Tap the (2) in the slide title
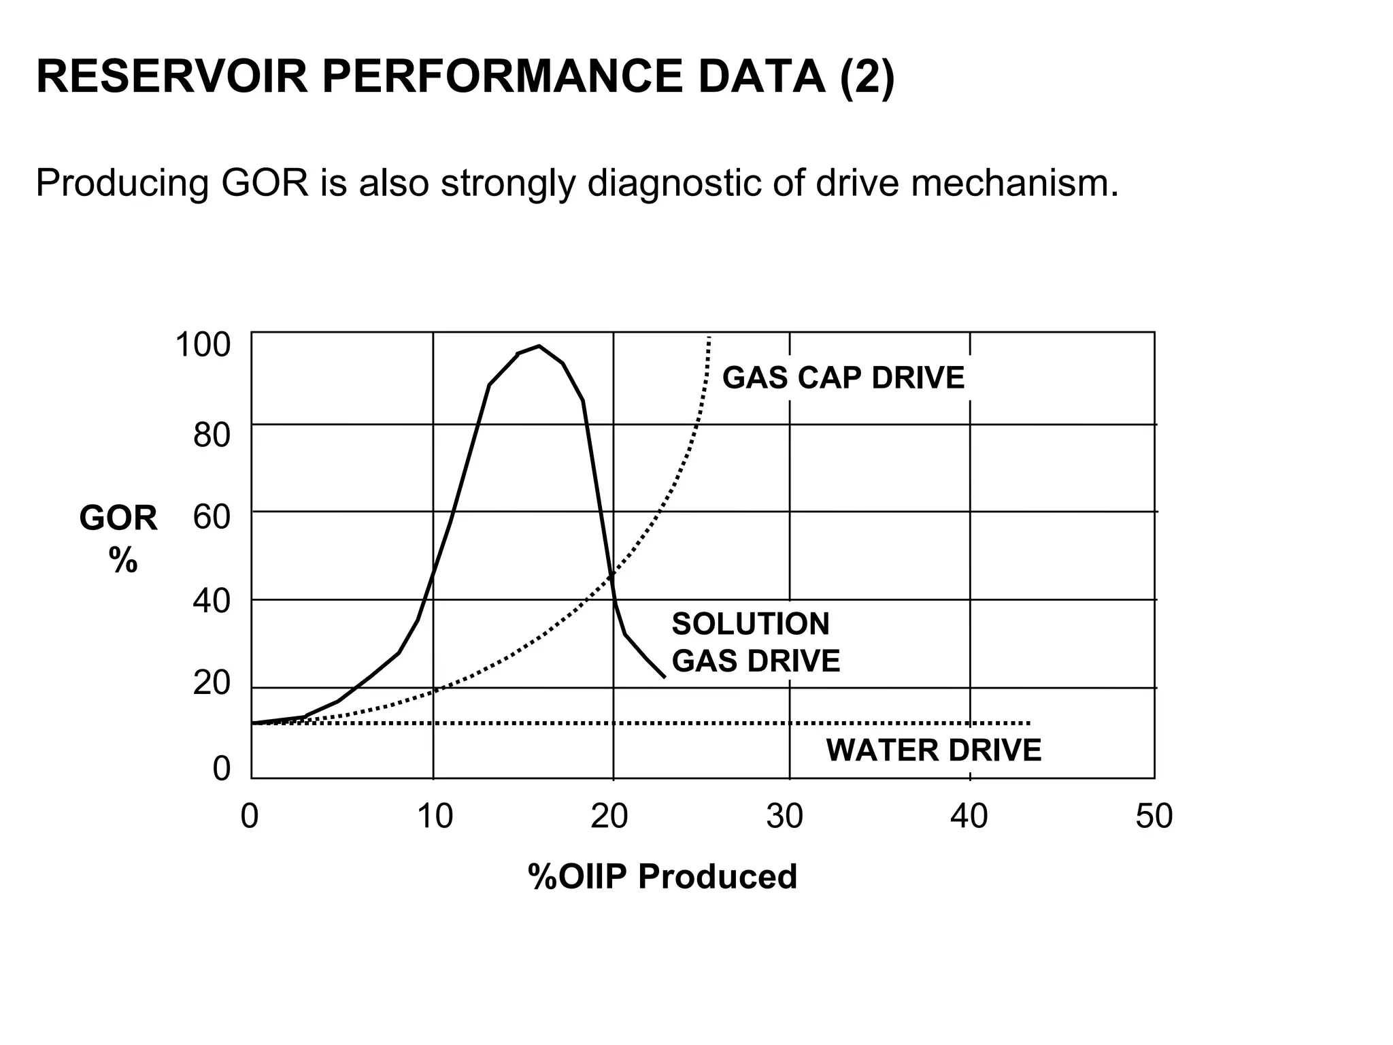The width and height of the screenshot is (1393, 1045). pyautogui.click(x=867, y=77)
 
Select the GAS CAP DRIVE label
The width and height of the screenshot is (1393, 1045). pyautogui.click(x=843, y=378)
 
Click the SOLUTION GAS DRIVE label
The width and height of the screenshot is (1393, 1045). pyautogui.click(x=755, y=642)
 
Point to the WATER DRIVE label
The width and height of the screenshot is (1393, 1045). pyautogui.click(x=933, y=750)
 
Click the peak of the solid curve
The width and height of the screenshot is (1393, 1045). pyautogui.click(x=539, y=346)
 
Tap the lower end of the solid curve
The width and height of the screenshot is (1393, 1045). pyautogui.click(x=664, y=677)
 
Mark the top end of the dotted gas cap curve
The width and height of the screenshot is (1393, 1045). pyautogui.click(x=709, y=338)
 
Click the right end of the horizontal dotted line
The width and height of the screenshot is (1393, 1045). pyautogui.click(x=1029, y=723)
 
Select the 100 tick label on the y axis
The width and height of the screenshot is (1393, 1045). pyautogui.click(x=203, y=345)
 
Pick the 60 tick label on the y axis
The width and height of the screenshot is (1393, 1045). pyautogui.click(x=212, y=518)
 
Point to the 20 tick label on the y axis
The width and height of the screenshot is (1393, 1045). pyautogui.click(x=212, y=683)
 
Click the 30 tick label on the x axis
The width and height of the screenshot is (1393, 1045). pyautogui.click(x=785, y=816)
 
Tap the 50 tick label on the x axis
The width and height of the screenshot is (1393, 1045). pyautogui.click(x=1154, y=816)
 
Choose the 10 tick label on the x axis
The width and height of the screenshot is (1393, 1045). pyautogui.click(x=435, y=816)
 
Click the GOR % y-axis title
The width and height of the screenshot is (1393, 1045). pyautogui.click(x=118, y=538)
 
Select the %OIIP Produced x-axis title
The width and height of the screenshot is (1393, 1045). pyautogui.click(x=662, y=877)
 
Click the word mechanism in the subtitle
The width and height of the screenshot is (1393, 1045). pyautogui.click(x=1014, y=184)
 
